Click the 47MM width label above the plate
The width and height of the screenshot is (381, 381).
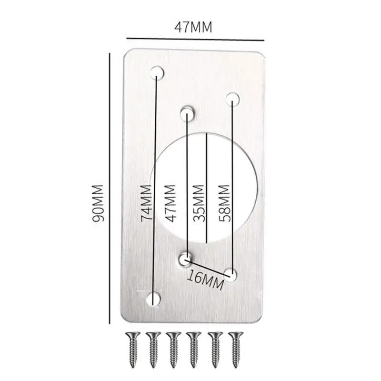pos(193,27)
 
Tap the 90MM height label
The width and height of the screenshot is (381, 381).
pos(98,203)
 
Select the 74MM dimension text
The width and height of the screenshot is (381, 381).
pos(147,203)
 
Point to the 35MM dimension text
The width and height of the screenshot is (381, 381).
pos(198,203)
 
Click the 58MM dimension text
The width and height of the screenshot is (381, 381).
pos(224,203)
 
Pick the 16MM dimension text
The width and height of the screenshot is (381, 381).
pos(205,280)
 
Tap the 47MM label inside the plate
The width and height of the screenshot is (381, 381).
pos(170,204)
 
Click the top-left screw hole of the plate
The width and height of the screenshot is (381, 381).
pos(157,73)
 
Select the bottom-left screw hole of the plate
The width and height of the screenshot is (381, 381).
pos(153,299)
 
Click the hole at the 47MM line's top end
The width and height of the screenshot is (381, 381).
pos(187,113)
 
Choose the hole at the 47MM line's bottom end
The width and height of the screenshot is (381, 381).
pos(186,260)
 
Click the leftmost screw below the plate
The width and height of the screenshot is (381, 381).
pos(133,350)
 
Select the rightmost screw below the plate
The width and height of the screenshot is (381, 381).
pos(235,350)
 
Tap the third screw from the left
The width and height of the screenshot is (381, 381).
pos(173,350)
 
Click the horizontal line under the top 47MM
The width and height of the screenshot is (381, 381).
pos(195,39)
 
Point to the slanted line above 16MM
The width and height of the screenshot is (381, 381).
pos(209,268)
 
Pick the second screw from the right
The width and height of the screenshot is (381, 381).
pos(215,350)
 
